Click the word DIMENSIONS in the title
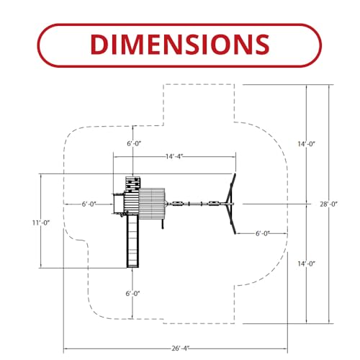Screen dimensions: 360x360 click(x=180, y=45)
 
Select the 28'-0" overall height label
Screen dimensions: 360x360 click(x=328, y=204)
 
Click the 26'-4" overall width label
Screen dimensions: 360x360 click(x=181, y=348)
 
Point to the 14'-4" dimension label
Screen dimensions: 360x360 click(x=174, y=157)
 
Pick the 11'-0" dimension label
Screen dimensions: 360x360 click(x=41, y=222)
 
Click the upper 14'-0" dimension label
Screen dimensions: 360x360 click(x=306, y=144)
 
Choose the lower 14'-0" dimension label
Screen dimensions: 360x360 click(x=306, y=264)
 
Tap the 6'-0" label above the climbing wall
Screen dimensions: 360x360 click(x=134, y=143)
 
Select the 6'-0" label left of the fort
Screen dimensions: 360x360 click(x=89, y=204)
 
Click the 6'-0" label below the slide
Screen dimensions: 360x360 click(x=132, y=294)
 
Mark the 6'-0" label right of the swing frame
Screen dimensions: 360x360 click(x=263, y=233)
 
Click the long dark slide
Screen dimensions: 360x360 click(x=132, y=241)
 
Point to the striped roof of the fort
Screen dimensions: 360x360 click(x=152, y=204)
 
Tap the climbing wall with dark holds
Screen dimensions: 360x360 click(x=132, y=184)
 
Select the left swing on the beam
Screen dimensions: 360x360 click(x=178, y=204)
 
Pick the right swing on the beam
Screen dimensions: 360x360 click(x=213, y=204)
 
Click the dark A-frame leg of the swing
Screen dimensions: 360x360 click(x=231, y=204)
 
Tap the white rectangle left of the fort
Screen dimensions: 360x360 click(x=119, y=204)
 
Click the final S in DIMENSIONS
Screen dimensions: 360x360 click(x=262, y=45)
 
